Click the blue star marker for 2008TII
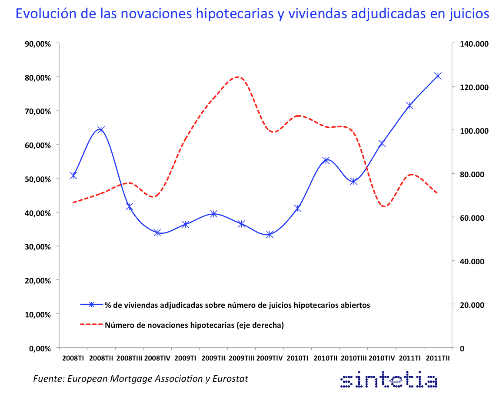coord(101,129)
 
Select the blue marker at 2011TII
coord(437,76)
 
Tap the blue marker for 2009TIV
coord(270,234)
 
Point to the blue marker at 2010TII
coord(326,160)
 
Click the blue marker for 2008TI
coord(73,175)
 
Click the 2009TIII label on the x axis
coord(241,358)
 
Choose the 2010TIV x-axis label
coord(382,358)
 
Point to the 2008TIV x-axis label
coord(157,358)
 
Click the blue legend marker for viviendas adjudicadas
coord(91,305)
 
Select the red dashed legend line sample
coord(91,324)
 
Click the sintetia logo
coord(388,381)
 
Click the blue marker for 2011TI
coord(410,106)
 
